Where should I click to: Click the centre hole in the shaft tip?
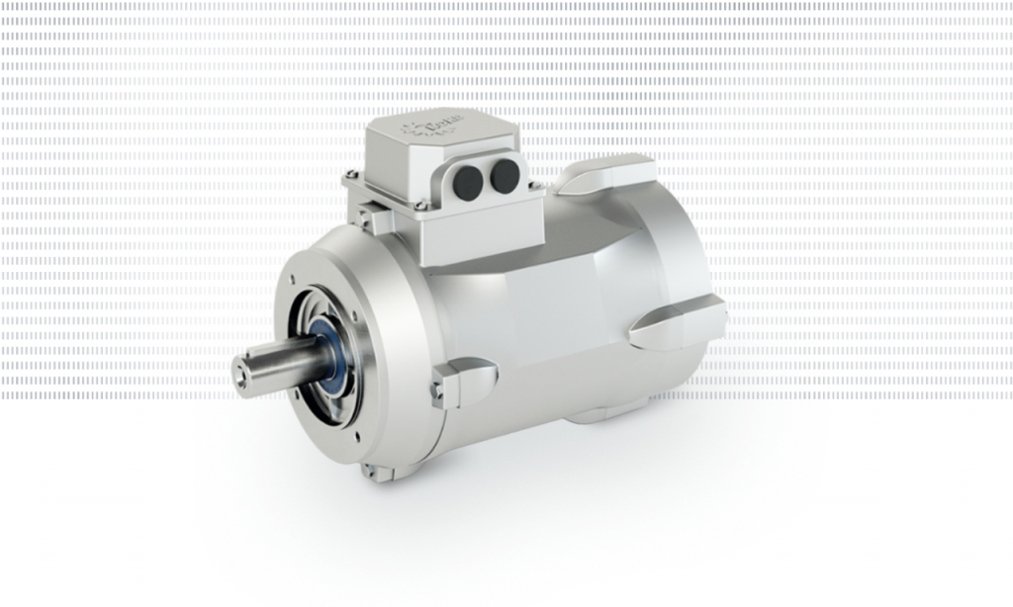pyautogui.click(x=240, y=375)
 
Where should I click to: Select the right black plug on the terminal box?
pyautogui.click(x=506, y=176)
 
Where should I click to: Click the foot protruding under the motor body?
pyautogui.click(x=603, y=410)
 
